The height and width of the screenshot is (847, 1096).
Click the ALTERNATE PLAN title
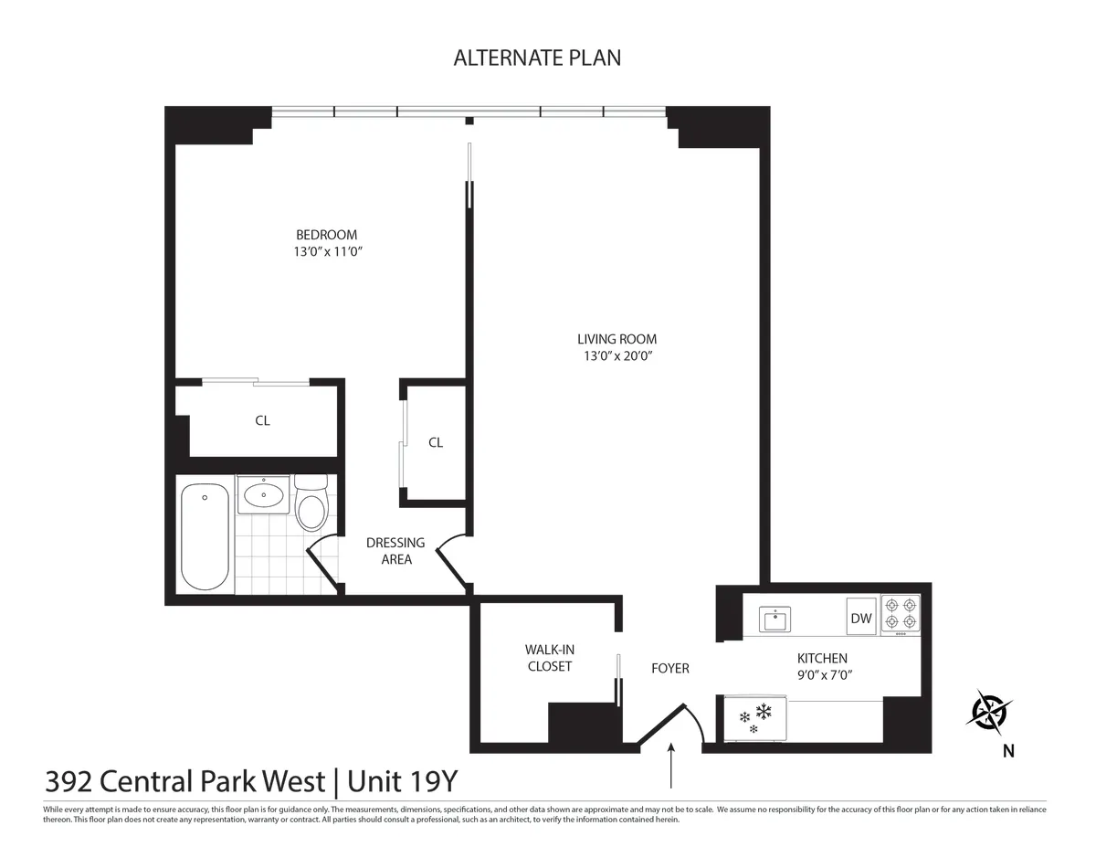click(537, 58)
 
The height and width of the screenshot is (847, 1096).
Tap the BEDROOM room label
click(326, 235)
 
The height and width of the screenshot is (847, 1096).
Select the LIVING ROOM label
click(616, 339)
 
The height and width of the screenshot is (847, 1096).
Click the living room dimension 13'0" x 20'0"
click(616, 355)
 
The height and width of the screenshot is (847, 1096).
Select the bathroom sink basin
click(264, 496)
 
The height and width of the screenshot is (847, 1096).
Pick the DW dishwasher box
click(861, 619)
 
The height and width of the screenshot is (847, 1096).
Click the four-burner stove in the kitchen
click(901, 615)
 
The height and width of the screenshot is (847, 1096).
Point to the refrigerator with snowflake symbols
click(755, 716)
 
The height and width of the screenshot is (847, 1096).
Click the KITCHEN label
click(822, 658)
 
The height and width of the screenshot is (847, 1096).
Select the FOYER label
click(669, 668)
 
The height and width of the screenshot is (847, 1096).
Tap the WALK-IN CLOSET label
click(549, 658)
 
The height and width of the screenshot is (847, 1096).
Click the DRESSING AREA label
click(395, 551)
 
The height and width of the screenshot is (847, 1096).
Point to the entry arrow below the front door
click(671, 766)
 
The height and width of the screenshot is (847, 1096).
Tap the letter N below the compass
click(1008, 752)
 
